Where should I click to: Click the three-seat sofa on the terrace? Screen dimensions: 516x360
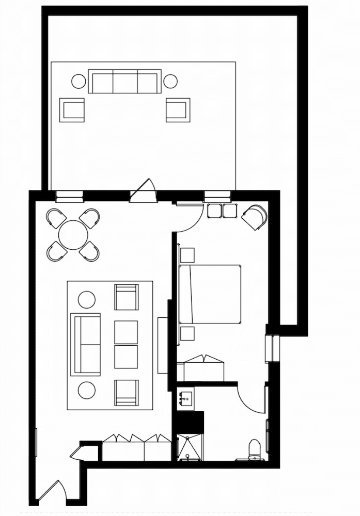(124, 82)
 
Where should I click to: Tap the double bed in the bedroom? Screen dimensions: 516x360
(211, 294)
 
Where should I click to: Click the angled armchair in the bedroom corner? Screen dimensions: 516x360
(255, 217)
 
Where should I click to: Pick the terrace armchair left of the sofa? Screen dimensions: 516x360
(72, 110)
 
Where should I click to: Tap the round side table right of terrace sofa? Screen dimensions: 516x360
(170, 81)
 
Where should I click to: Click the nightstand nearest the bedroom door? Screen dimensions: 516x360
(187, 255)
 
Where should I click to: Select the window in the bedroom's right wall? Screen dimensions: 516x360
(272, 349)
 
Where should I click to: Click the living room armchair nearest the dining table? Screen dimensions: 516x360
(126, 297)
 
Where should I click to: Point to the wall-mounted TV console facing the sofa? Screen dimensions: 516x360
(162, 345)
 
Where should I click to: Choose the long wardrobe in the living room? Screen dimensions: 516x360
(136, 448)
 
